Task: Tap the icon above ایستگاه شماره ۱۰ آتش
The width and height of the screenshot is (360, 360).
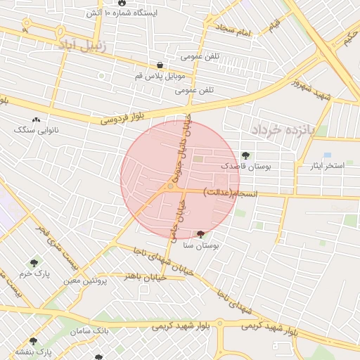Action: click(x=122, y=4)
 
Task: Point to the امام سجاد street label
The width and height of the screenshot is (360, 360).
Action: click(x=234, y=30)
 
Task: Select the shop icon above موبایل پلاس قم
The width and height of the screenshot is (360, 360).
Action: click(x=160, y=65)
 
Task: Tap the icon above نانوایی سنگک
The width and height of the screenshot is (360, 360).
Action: click(x=36, y=120)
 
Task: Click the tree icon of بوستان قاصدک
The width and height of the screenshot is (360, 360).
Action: click(x=245, y=156)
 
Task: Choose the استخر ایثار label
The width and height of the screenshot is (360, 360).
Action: click(x=328, y=166)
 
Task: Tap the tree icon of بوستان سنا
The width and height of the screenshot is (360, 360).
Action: click(x=202, y=234)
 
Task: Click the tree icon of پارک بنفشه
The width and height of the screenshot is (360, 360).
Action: click(x=33, y=341)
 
